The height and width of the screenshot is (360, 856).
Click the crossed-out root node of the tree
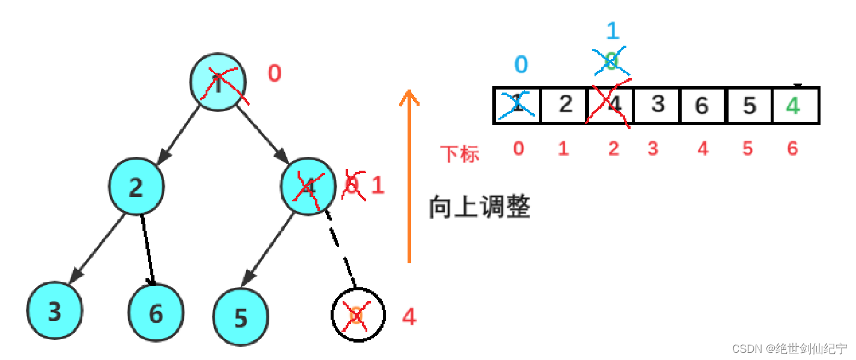[218, 84]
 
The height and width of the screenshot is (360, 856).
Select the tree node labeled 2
[136, 188]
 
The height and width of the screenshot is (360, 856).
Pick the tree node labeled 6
[156, 313]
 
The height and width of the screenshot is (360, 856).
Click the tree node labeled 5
[241, 317]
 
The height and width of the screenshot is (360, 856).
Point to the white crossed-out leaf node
[357, 315]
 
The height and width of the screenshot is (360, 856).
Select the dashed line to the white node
[340, 246]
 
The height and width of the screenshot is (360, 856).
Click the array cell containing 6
[702, 106]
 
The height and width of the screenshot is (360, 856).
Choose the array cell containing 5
[748, 106]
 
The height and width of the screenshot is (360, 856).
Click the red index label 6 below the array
[793, 148]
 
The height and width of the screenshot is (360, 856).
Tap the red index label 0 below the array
[518, 148]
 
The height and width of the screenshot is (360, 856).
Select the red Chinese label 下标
[460, 154]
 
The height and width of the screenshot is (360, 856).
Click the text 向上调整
[479, 207]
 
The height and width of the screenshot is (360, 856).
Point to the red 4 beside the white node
[409, 317]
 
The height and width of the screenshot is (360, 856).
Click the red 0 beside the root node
[274, 73]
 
